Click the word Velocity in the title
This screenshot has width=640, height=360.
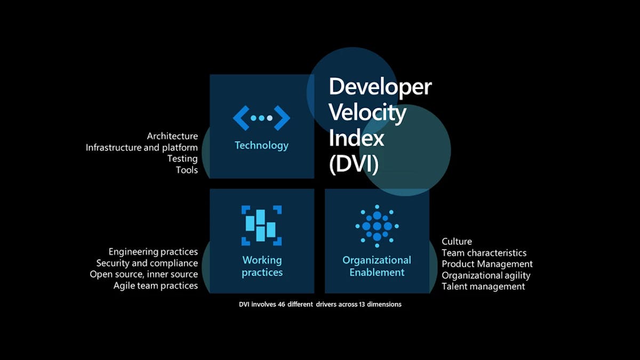coord(367,113)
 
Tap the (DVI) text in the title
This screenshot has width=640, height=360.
coord(354,164)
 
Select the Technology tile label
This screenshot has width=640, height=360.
coord(261,145)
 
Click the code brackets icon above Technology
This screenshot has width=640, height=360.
coord(261,118)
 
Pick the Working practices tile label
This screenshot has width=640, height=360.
coord(262,266)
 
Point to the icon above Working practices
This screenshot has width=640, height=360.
coord(261,225)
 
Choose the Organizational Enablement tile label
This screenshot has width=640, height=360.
coord(377,266)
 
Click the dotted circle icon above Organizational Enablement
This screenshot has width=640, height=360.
coord(377,226)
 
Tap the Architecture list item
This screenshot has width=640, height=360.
coord(172,136)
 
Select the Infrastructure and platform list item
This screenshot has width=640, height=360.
coord(142,147)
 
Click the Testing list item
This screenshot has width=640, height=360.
coord(182,158)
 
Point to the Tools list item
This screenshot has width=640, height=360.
coord(187,170)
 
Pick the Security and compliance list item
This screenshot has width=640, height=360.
coord(147,263)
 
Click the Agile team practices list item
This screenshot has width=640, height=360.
coord(156,285)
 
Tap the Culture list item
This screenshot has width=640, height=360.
coord(457,242)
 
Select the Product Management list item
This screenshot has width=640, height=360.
coord(487,263)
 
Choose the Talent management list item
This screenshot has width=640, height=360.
coord(483,286)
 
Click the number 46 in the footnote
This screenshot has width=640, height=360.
coord(282,304)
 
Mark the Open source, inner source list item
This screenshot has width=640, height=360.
coord(144,274)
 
